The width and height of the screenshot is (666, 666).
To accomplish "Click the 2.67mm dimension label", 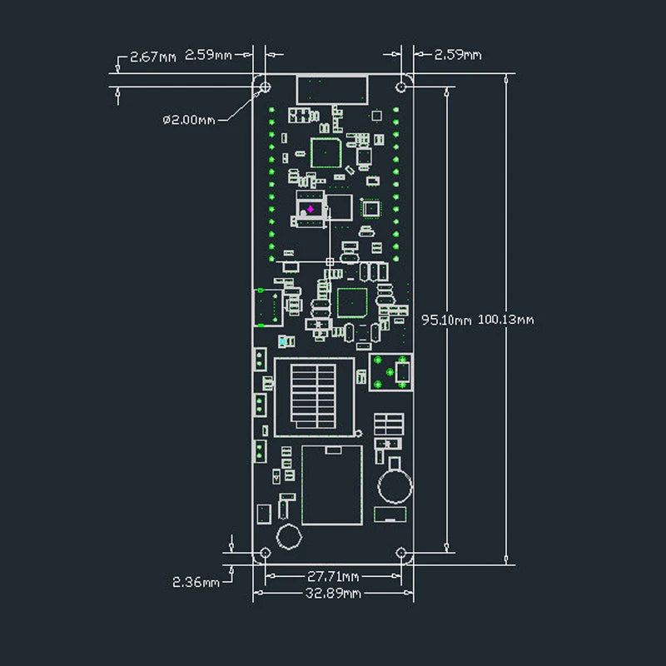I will tap(152, 57).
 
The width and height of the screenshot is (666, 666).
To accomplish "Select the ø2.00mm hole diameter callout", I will tap(188, 120).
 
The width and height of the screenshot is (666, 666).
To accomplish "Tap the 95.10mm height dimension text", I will tap(445, 319).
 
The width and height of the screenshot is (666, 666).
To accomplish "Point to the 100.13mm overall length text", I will tap(505, 319).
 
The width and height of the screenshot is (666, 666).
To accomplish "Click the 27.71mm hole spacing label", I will tap(333, 576).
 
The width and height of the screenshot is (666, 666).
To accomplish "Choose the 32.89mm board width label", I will tap(333, 593).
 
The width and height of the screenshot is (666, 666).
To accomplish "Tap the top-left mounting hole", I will tap(266, 87).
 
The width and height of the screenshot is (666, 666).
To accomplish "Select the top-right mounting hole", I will tap(402, 87).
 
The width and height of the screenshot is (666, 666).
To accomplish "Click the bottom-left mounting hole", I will tap(266, 553).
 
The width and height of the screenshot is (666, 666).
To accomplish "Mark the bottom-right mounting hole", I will tap(402, 553).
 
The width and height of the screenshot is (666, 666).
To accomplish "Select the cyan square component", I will tap(284, 340).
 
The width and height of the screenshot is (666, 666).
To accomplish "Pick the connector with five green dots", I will tap(391, 371).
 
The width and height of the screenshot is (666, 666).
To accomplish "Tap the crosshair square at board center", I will tap(331, 262).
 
